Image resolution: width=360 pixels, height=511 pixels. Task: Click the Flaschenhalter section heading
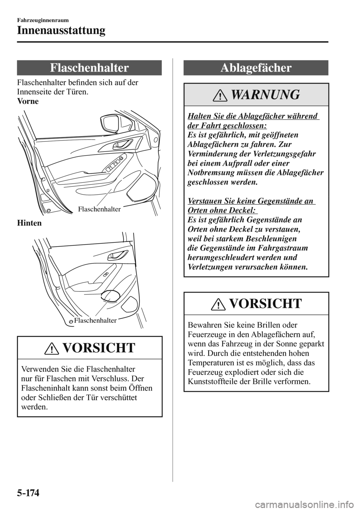[89, 68]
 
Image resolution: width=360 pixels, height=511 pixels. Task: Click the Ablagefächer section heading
[256, 68]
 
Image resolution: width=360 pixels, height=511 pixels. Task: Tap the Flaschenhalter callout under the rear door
[95, 320]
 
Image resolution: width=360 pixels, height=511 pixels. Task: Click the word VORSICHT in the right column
[264, 304]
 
